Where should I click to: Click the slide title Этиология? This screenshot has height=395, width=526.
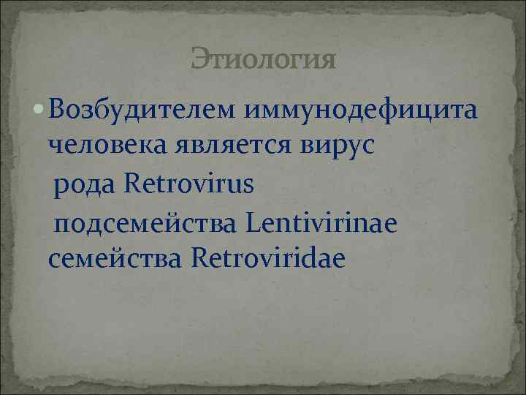click(263, 59)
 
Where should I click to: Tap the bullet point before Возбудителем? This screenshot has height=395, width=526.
click(38, 111)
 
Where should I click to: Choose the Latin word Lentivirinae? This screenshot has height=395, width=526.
click(323, 221)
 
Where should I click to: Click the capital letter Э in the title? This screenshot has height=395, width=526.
click(199, 59)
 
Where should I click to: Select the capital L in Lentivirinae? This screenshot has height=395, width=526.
click(253, 221)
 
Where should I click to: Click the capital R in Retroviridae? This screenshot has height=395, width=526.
click(198, 258)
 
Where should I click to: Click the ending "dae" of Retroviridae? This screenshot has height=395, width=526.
click(327, 258)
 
